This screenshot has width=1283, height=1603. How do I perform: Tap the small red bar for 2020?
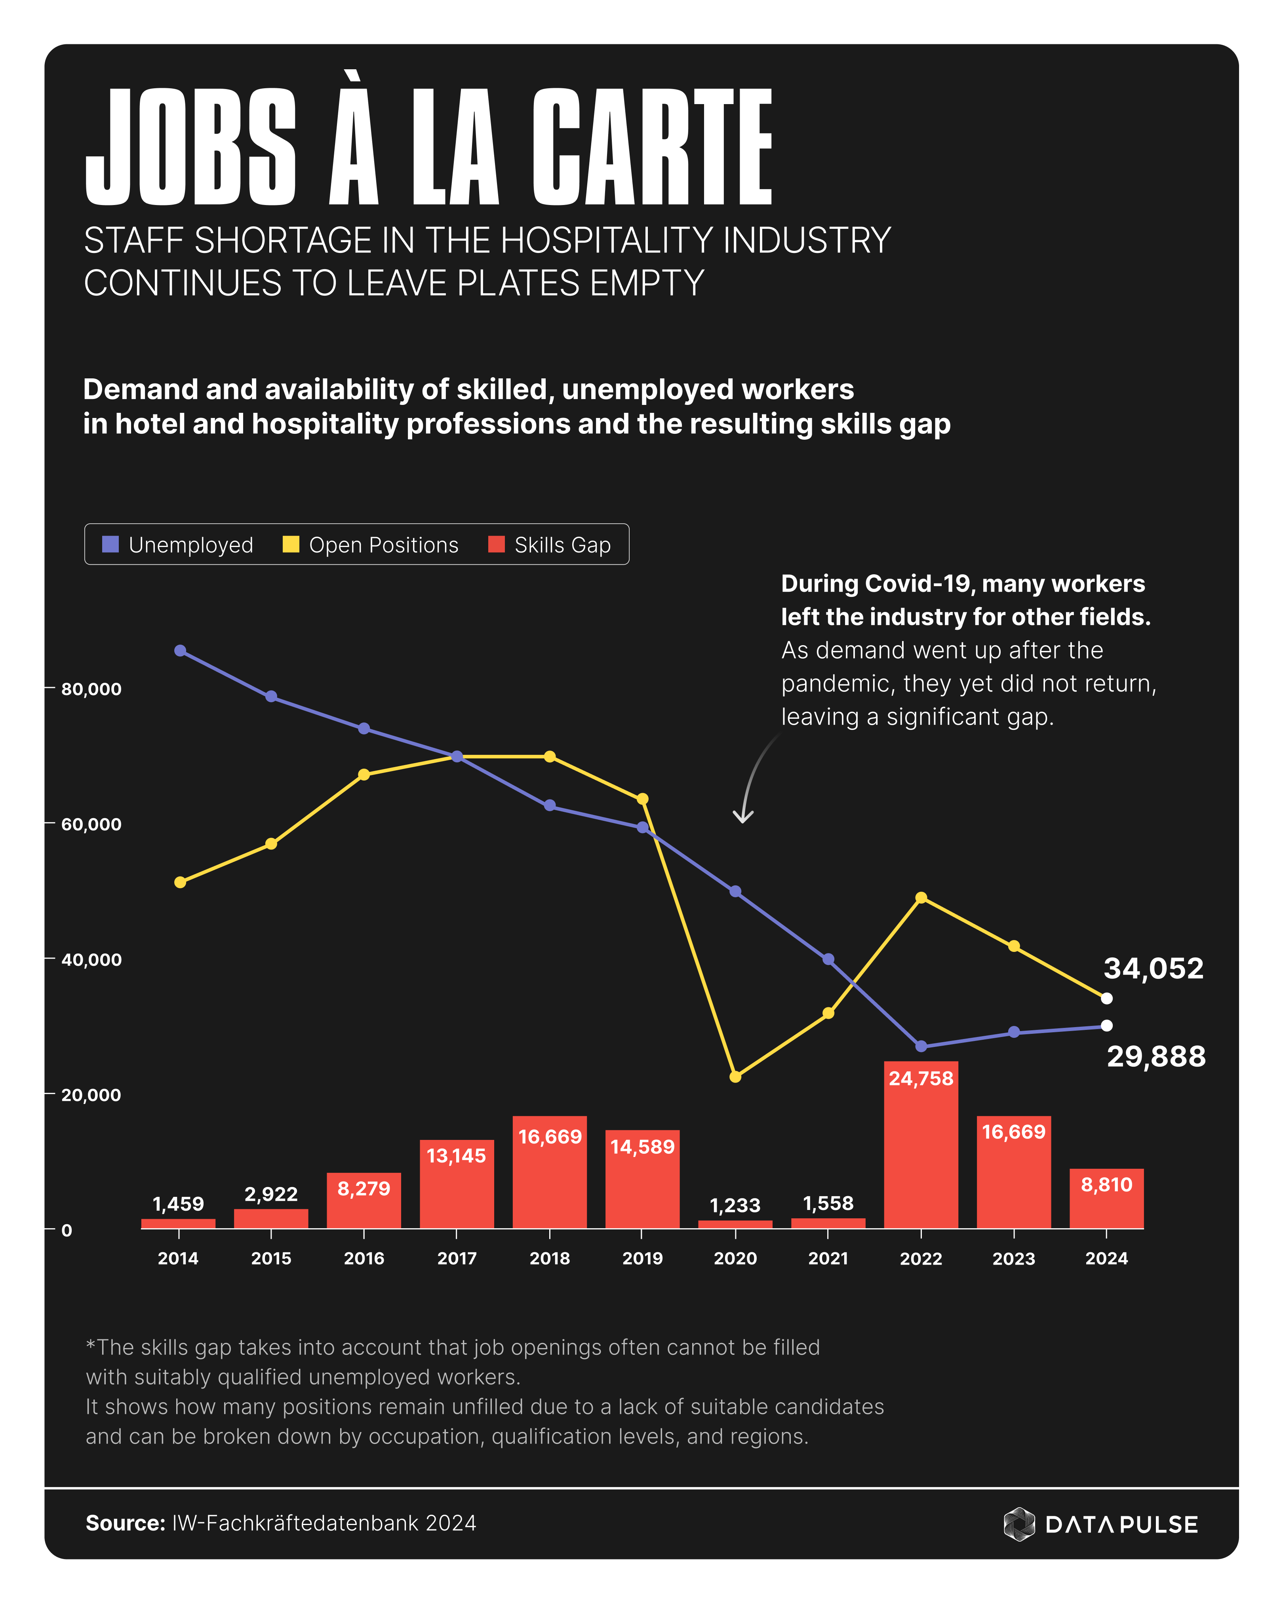coord(735,1224)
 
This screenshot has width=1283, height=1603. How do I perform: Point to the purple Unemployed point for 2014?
coord(180,651)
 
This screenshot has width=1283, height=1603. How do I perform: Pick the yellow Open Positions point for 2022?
coord(921,898)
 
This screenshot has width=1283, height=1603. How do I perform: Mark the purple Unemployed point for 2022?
coord(921,1046)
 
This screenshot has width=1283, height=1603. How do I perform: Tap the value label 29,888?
coord(1156,1056)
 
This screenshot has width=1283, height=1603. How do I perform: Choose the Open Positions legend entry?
coord(370,545)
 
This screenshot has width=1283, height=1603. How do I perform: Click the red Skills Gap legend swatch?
coord(496,545)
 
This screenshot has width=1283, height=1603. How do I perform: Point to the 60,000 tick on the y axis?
coord(91,824)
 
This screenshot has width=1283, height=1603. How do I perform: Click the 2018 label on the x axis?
coord(550,1259)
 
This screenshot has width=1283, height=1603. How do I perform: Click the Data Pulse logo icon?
coord(1019,1524)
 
